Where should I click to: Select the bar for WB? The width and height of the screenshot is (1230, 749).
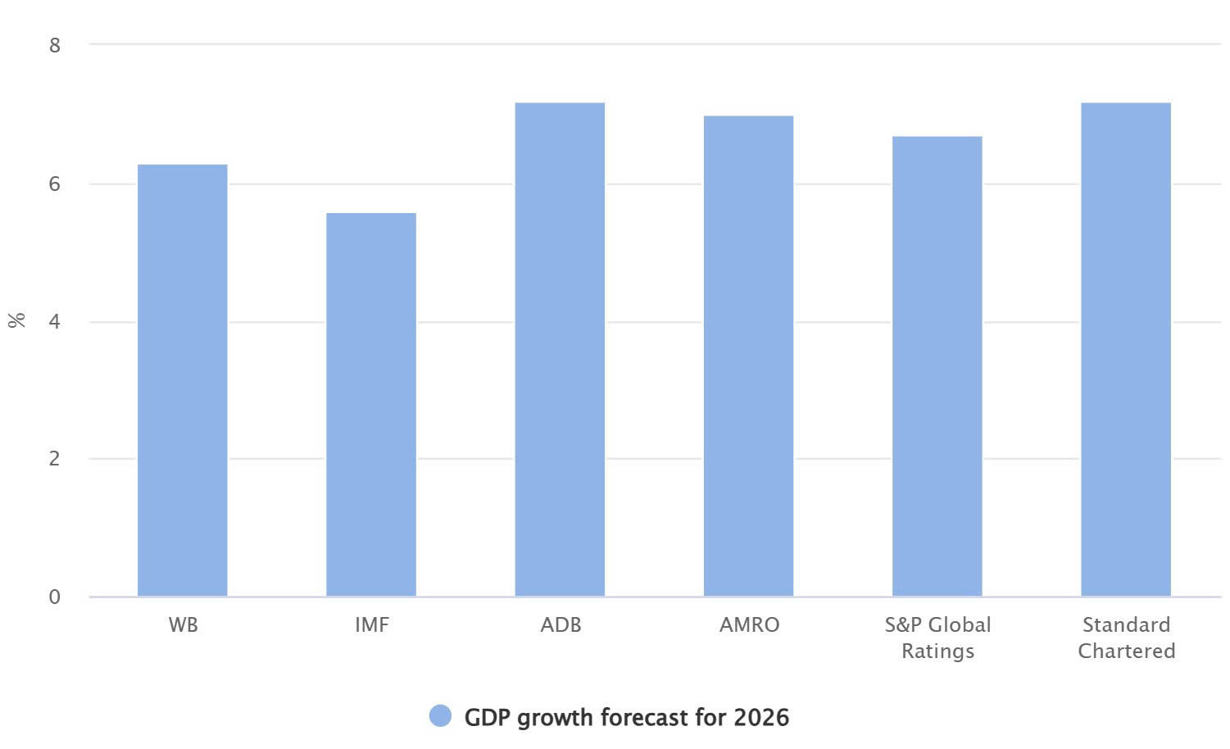click(x=182, y=380)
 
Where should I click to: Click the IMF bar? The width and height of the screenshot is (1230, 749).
click(x=371, y=405)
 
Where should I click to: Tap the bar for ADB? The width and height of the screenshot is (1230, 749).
click(x=560, y=349)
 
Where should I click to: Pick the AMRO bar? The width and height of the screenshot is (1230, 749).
click(x=748, y=356)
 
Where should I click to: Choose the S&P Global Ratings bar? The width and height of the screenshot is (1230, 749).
click(x=937, y=366)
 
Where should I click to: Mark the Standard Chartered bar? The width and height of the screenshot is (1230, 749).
click(x=1126, y=349)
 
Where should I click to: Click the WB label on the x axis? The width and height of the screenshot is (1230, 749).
click(x=183, y=625)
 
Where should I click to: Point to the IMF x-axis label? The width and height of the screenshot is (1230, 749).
click(x=371, y=625)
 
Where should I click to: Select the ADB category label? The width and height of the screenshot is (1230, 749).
click(x=561, y=625)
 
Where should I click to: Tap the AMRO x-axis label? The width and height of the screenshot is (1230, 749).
click(x=749, y=625)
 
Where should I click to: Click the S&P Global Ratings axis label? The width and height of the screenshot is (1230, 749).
click(x=937, y=638)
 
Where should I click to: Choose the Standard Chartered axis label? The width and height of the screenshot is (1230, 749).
click(x=1126, y=638)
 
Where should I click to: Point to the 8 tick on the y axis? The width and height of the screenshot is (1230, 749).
click(x=55, y=45)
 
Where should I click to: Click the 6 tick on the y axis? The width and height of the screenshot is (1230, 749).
click(x=55, y=184)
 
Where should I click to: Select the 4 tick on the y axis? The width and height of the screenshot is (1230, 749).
click(x=55, y=321)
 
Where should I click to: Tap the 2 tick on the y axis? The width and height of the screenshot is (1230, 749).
click(x=55, y=459)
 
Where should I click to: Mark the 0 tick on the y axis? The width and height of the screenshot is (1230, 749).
click(x=55, y=597)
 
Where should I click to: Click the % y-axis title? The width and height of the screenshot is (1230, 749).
click(x=16, y=320)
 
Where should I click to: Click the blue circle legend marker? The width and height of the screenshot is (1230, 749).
click(x=440, y=717)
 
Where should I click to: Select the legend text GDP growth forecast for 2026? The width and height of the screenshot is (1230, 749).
click(x=626, y=718)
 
